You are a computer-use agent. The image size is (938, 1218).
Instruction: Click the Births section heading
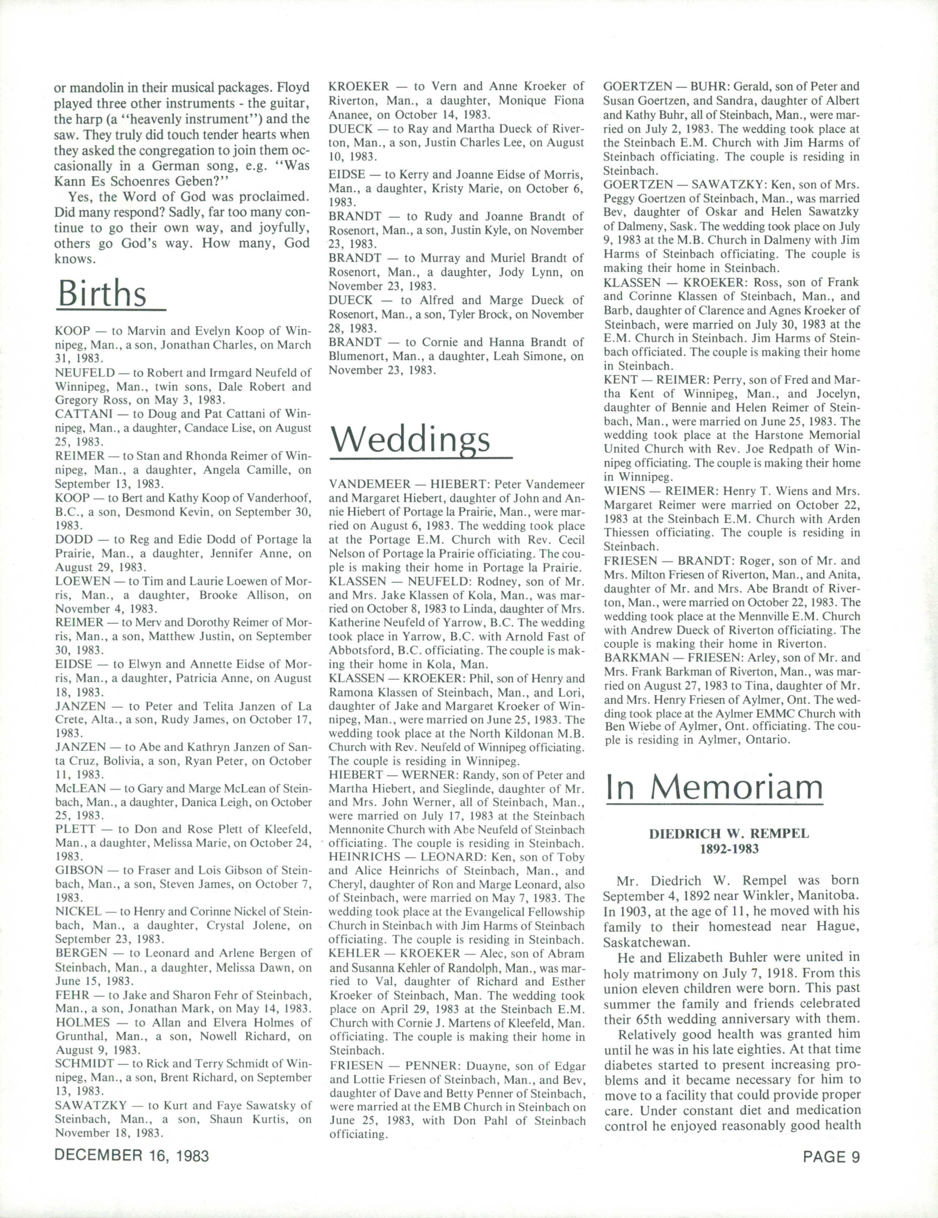tap(102, 293)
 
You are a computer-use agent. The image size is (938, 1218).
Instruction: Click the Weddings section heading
tap(410, 440)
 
